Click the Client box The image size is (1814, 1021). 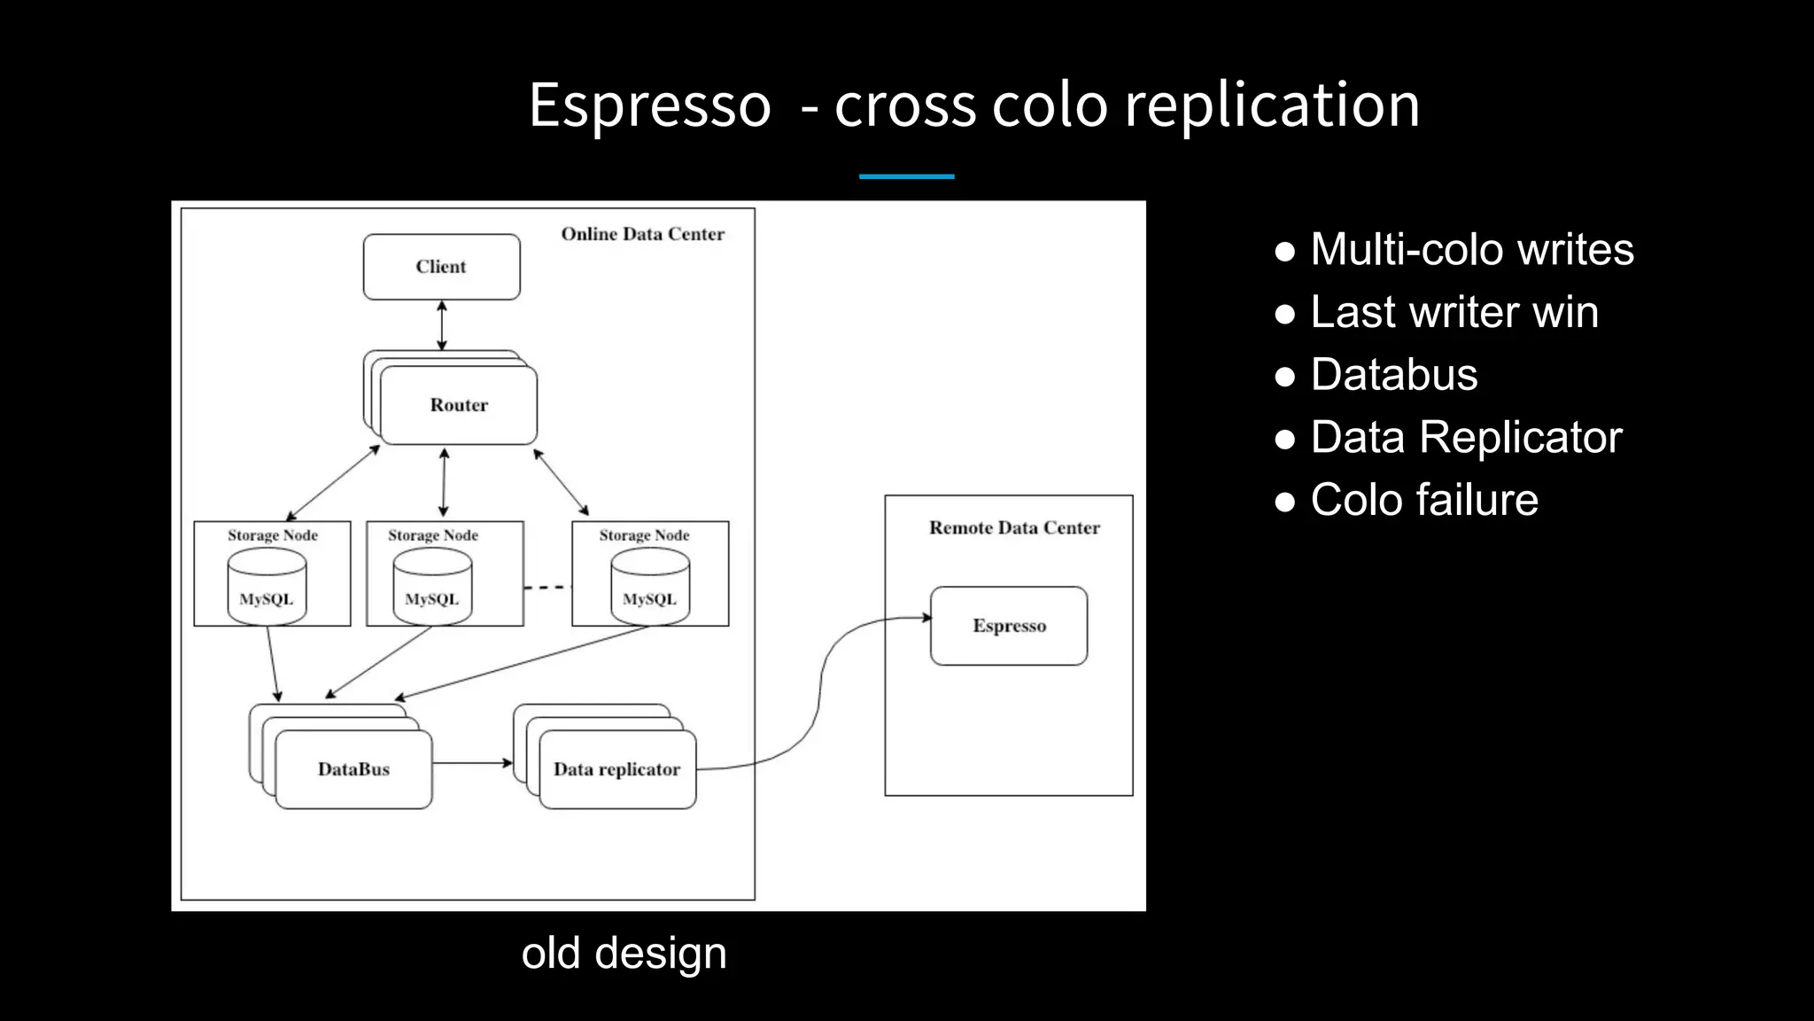point(441,267)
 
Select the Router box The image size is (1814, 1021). point(459,405)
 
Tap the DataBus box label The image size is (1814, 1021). point(353,769)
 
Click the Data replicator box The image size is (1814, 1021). point(616,769)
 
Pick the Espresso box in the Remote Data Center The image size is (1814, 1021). point(1009,626)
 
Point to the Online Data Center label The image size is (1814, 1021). point(642,234)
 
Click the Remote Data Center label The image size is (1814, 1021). point(1014,527)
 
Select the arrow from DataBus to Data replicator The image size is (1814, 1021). point(472,762)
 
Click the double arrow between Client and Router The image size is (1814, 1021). point(442,325)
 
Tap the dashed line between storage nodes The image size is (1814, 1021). point(547,587)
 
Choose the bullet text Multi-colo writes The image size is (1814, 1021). point(1471,249)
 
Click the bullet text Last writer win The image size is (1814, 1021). point(1454,312)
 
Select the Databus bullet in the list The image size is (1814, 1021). point(1393,374)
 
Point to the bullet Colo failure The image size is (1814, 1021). point(1423,500)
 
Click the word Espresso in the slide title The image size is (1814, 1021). point(650,105)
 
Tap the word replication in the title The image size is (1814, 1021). point(1272,105)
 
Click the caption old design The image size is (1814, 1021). point(624,953)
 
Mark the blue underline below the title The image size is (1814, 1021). point(906,176)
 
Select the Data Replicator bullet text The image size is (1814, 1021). point(1466,437)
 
